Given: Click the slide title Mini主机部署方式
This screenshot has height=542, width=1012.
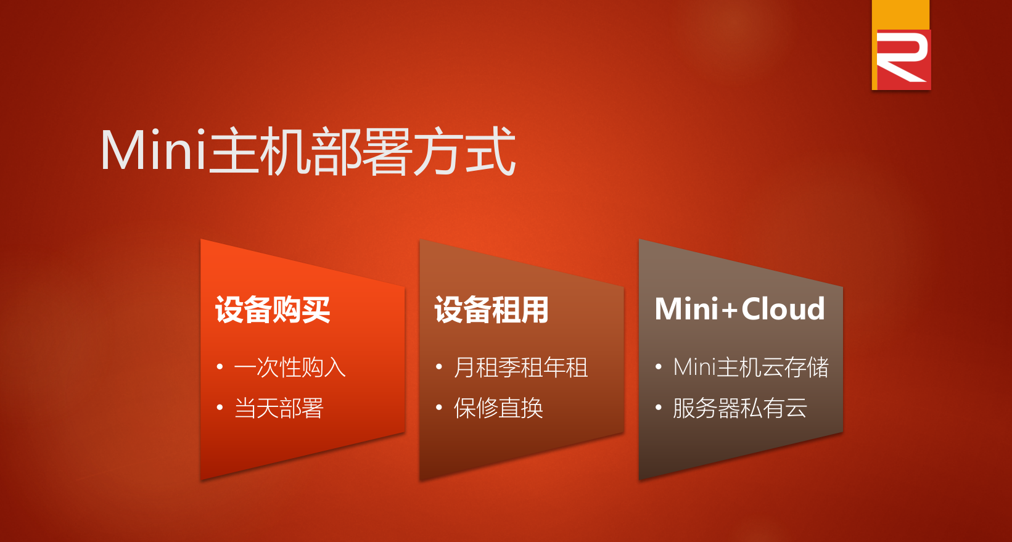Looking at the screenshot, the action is pyautogui.click(x=308, y=151).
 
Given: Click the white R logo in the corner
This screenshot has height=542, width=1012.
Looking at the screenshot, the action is pyautogui.click(x=902, y=59).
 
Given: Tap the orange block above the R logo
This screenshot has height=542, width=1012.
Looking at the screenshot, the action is pyautogui.click(x=900, y=15).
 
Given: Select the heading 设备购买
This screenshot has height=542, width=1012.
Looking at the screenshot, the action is pyautogui.click(x=273, y=310).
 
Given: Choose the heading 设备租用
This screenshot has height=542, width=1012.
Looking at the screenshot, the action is pyautogui.click(x=492, y=310).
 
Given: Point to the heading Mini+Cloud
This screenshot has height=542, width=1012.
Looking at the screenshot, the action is pyautogui.click(x=739, y=310).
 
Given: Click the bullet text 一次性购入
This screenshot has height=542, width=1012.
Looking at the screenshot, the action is pyautogui.click(x=290, y=367).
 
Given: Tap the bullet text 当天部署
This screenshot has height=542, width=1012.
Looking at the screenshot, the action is pyautogui.click(x=279, y=408).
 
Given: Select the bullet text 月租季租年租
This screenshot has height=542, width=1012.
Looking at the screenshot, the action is pyautogui.click(x=521, y=367).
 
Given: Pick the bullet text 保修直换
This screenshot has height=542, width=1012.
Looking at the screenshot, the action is pyautogui.click(x=498, y=408).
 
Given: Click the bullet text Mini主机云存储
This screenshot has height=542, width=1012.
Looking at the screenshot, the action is pyautogui.click(x=751, y=367).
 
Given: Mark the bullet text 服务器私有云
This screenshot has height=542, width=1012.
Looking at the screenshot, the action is pyautogui.click(x=740, y=408).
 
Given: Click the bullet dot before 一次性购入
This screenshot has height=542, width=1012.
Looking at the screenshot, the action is pyautogui.click(x=220, y=367).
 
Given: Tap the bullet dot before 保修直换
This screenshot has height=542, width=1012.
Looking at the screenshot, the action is pyautogui.click(x=438, y=408).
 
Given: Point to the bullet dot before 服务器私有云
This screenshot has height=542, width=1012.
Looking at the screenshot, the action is pyautogui.click(x=658, y=408).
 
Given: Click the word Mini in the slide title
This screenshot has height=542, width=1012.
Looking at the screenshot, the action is pyautogui.click(x=154, y=150).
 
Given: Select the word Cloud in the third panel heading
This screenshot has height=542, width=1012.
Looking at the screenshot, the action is pyautogui.click(x=783, y=310).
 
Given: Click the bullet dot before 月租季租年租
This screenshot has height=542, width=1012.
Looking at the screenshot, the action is pyautogui.click(x=438, y=367).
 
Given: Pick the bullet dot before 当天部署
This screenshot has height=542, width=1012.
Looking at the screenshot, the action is pyautogui.click(x=220, y=408).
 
